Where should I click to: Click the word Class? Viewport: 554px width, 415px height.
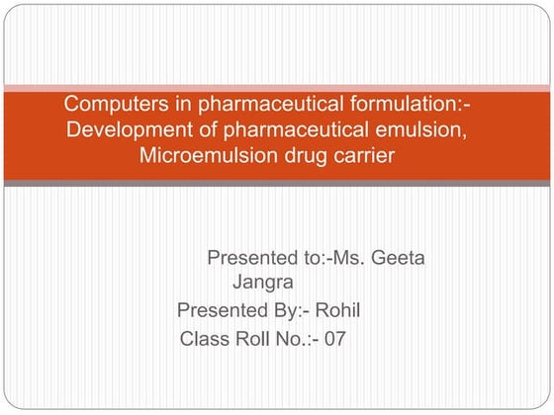(x=205, y=339)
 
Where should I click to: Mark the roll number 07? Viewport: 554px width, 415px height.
(x=335, y=339)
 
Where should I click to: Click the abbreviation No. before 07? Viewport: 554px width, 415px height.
(x=297, y=339)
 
